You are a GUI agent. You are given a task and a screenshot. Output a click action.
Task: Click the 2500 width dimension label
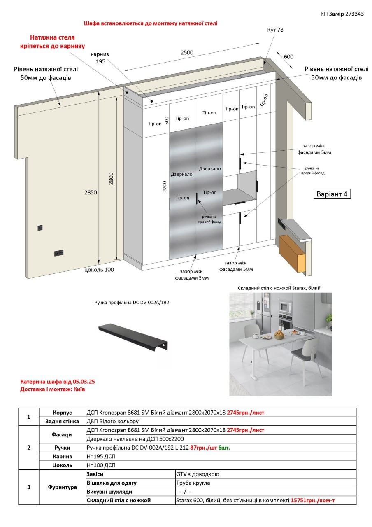point(187,52)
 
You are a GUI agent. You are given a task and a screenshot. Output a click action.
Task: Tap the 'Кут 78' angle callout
point(275,30)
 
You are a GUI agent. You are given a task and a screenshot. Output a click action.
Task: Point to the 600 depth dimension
point(288,57)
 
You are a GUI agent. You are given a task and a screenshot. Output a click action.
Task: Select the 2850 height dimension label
point(91,192)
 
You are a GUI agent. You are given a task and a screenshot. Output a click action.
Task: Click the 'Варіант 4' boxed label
point(332,194)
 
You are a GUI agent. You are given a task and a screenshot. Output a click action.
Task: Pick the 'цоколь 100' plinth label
point(99,270)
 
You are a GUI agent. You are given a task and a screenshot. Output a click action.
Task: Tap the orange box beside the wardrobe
point(292,254)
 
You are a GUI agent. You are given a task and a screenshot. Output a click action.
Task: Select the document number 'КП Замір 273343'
point(342,14)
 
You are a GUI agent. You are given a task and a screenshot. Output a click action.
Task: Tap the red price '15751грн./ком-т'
point(312,500)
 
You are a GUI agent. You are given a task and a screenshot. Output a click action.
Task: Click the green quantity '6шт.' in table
point(224,448)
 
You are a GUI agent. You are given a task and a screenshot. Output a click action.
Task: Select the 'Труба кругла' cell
point(193,483)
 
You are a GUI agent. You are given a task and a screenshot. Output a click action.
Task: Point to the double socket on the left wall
point(59,253)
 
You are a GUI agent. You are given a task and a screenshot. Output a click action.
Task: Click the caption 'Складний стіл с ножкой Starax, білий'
point(279,288)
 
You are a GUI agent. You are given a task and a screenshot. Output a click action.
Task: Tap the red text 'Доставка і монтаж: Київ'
point(52,389)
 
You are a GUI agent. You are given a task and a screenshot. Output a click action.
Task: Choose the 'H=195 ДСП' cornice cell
point(101,457)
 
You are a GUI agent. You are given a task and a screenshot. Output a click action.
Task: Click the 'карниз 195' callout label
point(100,58)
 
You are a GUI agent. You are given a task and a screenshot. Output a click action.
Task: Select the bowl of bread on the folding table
point(279,335)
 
